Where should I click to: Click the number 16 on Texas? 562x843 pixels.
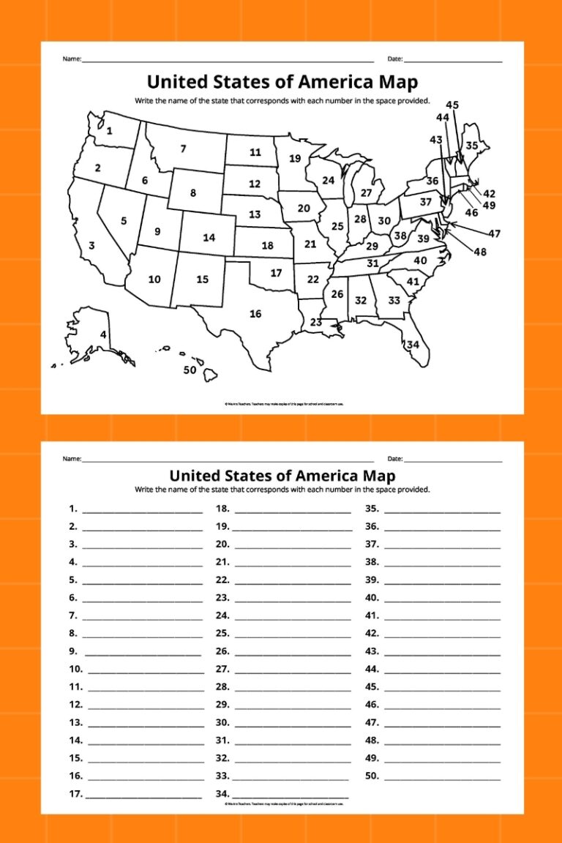255,314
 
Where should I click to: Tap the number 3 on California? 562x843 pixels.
91,246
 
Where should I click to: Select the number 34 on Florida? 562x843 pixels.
413,344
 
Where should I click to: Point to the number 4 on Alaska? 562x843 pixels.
103,335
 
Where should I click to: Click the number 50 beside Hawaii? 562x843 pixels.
190,370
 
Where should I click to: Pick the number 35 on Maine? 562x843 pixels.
472,146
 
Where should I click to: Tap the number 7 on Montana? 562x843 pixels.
183,149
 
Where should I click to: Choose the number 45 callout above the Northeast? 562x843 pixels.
452,105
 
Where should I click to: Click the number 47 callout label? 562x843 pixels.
495,233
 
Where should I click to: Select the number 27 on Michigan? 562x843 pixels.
367,193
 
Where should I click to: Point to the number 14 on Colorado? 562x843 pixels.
209,238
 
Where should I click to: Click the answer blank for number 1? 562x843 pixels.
142,509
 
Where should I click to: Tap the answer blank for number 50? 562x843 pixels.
442,776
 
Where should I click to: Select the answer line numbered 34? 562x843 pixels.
290,795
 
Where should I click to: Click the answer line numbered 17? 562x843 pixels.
143,795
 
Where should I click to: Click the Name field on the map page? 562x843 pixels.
227,59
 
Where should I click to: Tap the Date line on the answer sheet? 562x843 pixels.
453,460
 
